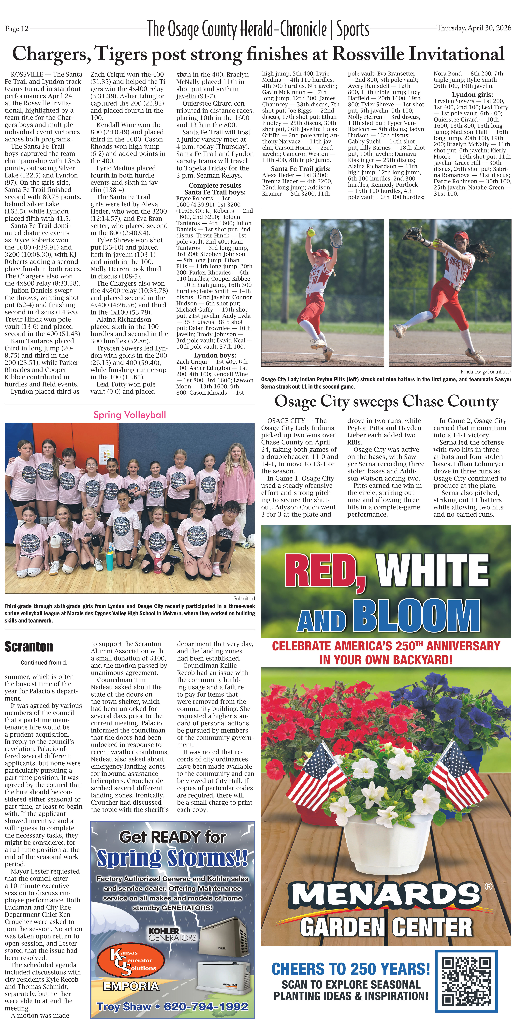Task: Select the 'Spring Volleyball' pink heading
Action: pos(130,415)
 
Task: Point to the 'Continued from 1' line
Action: pos(44,662)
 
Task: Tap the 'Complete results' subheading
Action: pos(215,185)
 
